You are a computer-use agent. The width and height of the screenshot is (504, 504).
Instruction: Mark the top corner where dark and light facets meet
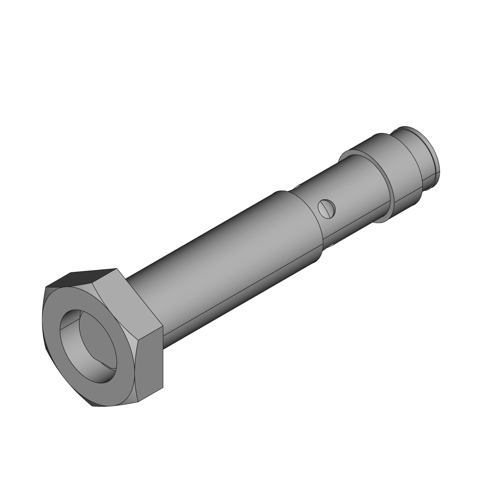click(116, 268)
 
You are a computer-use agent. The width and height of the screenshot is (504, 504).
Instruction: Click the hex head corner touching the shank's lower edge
click(163, 326)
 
